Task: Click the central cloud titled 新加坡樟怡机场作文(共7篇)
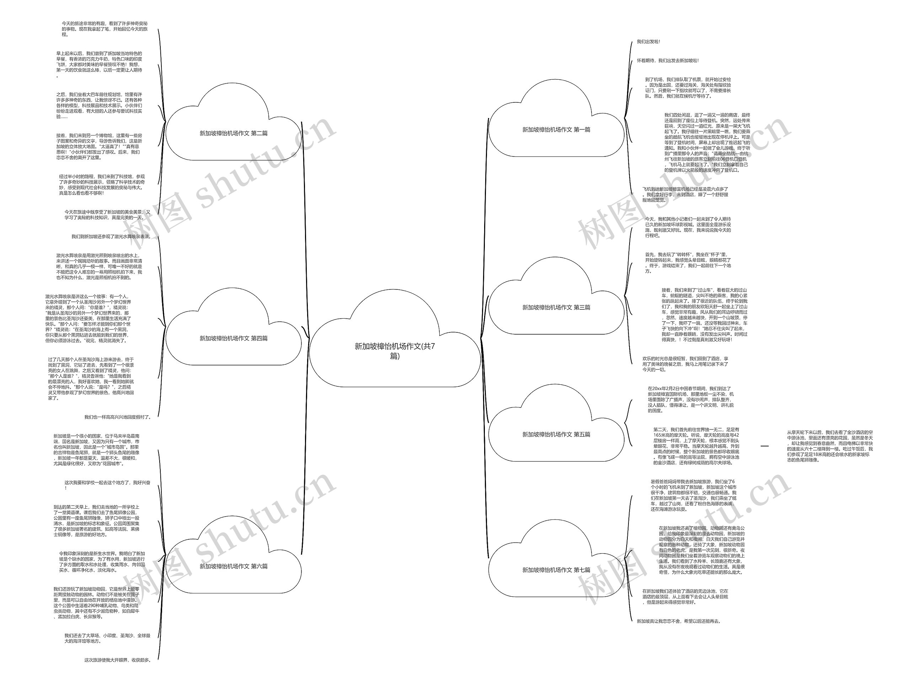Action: pyautogui.click(x=395, y=351)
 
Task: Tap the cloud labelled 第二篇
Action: pyautogui.click(x=233, y=133)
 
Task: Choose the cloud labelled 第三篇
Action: pyautogui.click(x=556, y=307)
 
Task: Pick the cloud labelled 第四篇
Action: pyautogui.click(x=233, y=338)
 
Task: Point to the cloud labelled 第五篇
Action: pyautogui.click(x=556, y=434)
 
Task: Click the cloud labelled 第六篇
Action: pyautogui.click(x=233, y=566)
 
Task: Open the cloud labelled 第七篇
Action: pyautogui.click(x=556, y=570)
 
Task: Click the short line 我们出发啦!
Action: pyautogui.click(x=648, y=42)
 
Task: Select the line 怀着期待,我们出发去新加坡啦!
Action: pyautogui.click(x=667, y=60)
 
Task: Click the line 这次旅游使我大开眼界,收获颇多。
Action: pyautogui.click(x=117, y=660)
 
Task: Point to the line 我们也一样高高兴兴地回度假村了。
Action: pyautogui.click(x=117, y=417)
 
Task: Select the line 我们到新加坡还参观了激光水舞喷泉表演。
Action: pyautogui.click(x=111, y=236)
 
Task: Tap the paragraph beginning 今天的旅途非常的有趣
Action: pyautogui.click(x=105, y=29)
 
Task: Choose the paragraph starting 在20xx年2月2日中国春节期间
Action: pyautogui.click(x=690, y=400)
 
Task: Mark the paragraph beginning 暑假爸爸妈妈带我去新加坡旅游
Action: pyautogui.click(x=693, y=495)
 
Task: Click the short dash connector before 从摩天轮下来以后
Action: pyautogui.click(x=764, y=446)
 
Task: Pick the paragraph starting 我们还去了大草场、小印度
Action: pyautogui.click(x=107, y=638)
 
